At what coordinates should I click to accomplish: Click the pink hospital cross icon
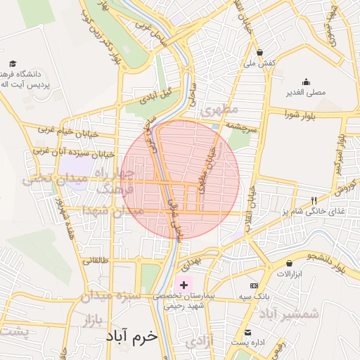184,285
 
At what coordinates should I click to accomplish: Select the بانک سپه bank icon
254,286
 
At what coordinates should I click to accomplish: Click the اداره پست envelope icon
247,332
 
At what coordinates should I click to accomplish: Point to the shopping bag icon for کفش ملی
260,52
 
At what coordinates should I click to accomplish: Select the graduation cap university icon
12,63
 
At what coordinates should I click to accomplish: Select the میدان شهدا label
112,211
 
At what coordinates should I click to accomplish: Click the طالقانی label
96,261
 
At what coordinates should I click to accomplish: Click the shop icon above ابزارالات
290,264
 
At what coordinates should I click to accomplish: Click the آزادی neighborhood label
201,342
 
